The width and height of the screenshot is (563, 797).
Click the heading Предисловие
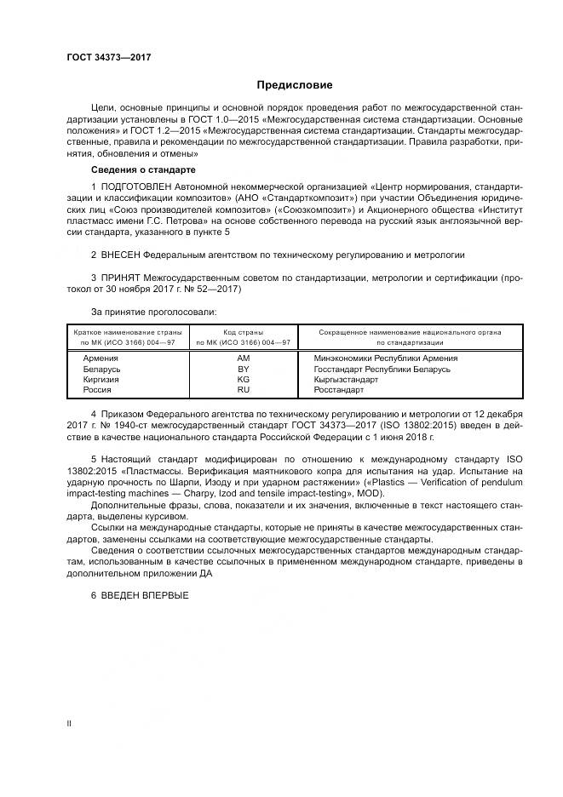tap(295, 85)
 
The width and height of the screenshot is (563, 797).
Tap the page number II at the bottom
tap(69, 722)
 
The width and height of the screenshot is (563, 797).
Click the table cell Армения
tap(101, 358)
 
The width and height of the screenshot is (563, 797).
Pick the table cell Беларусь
tap(101, 369)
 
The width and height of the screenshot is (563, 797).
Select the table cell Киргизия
tap(101, 379)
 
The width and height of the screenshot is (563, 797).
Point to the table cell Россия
tap(97, 389)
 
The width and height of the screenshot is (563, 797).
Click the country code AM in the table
tap(243, 358)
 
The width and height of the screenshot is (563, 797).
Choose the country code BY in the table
tap(243, 369)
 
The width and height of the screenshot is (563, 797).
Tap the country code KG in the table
tap(243, 379)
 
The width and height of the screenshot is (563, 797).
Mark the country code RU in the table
tap(243, 389)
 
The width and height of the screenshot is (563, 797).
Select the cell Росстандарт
tap(339, 389)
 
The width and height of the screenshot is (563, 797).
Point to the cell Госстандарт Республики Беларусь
tap(382, 369)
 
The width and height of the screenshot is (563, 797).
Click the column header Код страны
tap(243, 331)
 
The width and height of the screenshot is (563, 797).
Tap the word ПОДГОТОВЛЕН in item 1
tap(136, 186)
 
